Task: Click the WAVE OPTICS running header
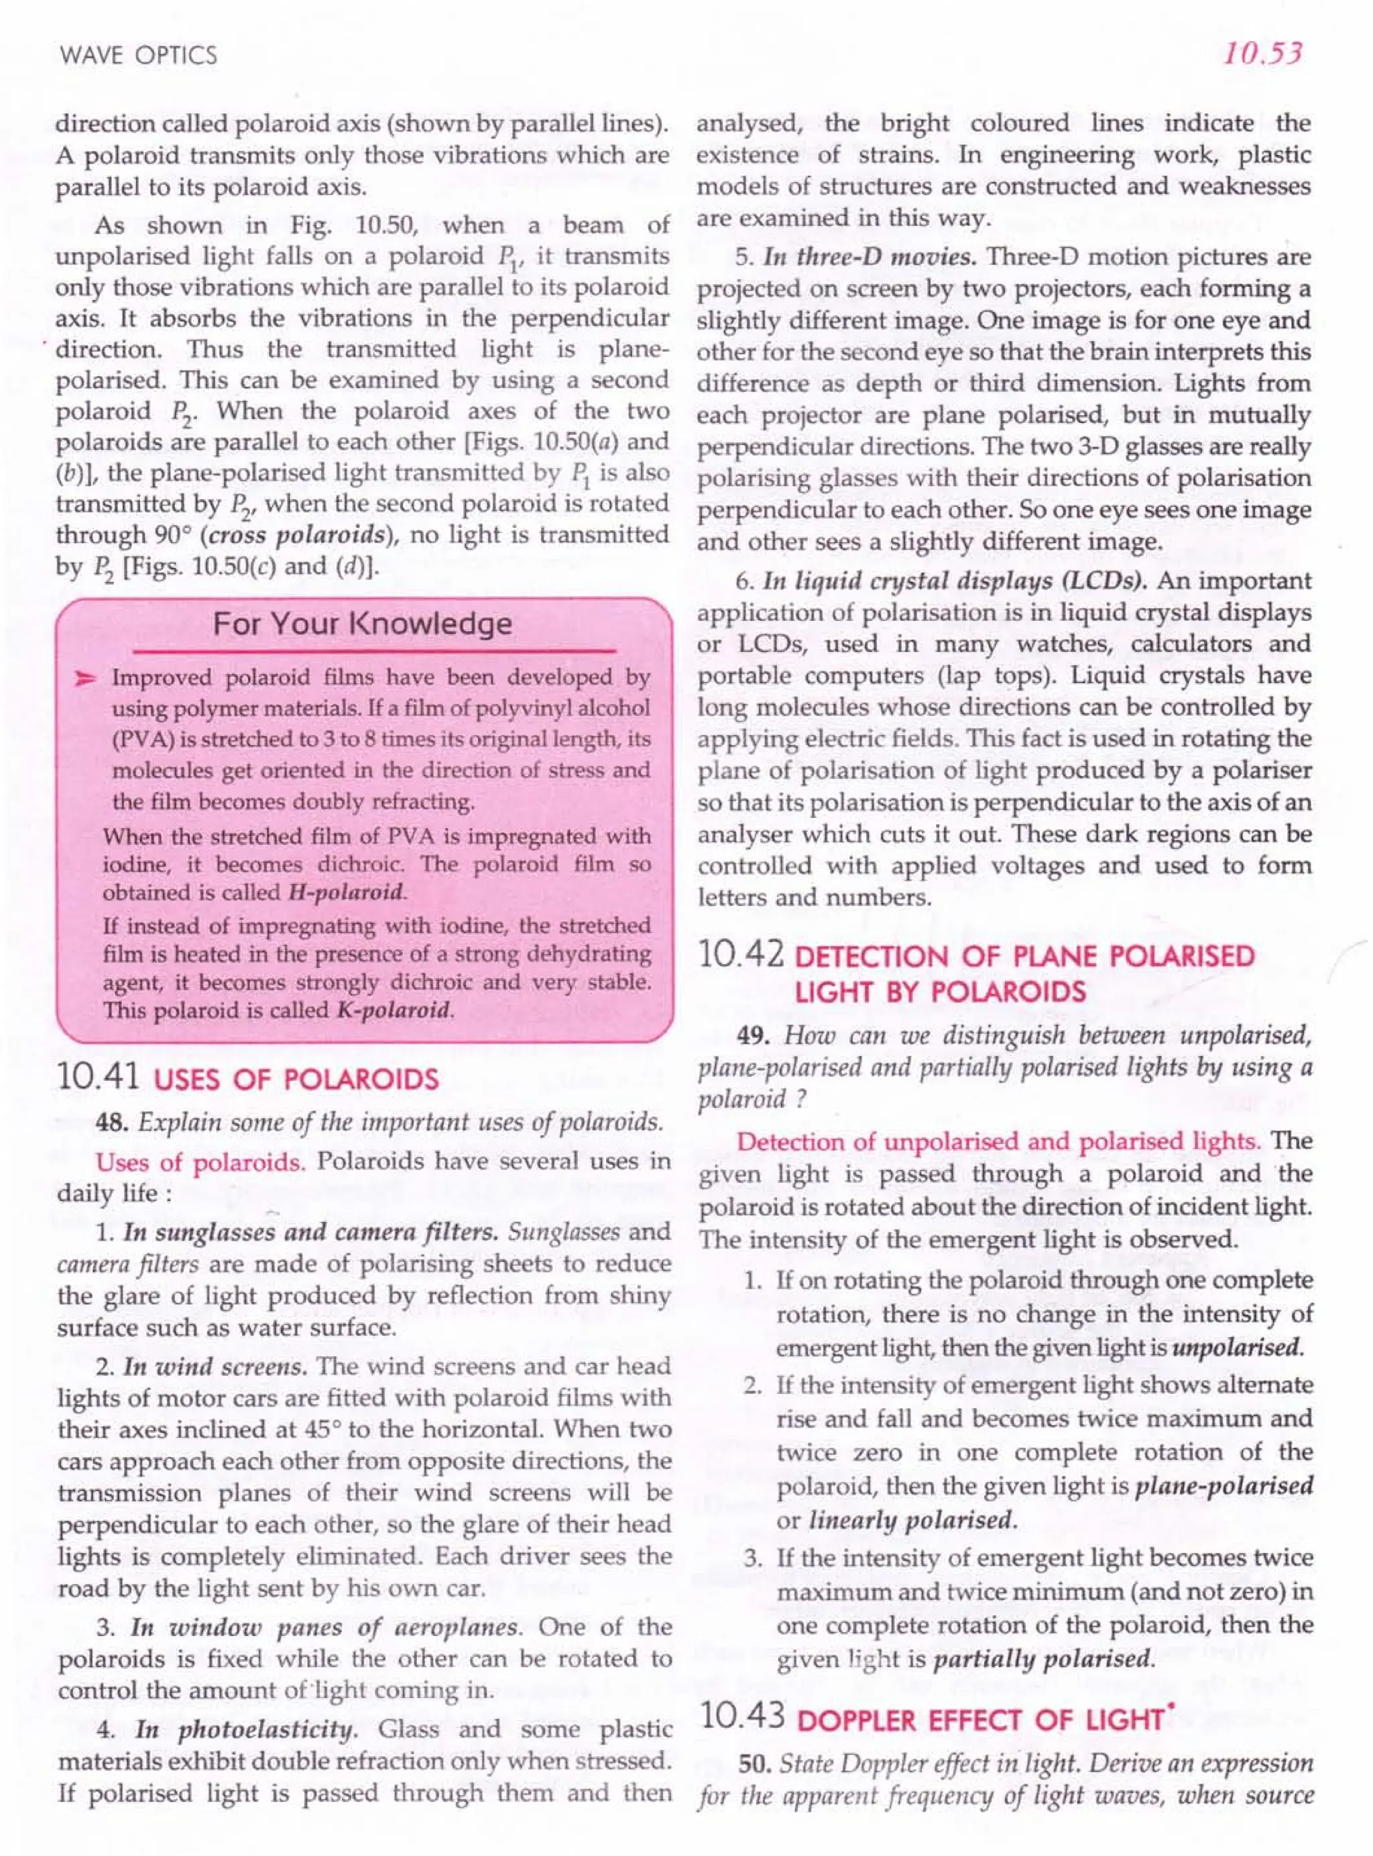(138, 55)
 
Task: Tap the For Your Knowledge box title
(363, 624)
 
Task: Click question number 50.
(755, 1762)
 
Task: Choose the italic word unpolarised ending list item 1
(1235, 1346)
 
